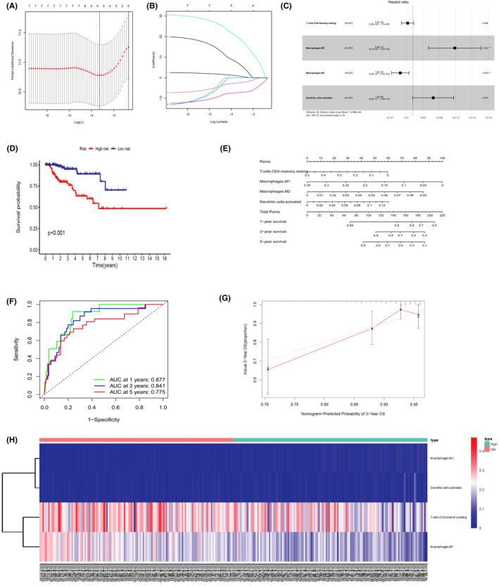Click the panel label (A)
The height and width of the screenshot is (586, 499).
pos(11,9)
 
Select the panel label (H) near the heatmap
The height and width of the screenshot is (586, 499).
pos(11,426)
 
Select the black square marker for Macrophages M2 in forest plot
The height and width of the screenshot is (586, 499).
pos(455,48)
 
